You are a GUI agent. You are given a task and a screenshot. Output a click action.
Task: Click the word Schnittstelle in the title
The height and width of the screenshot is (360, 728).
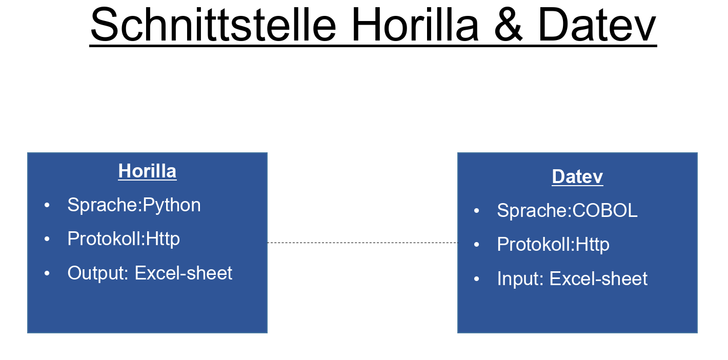click(x=213, y=25)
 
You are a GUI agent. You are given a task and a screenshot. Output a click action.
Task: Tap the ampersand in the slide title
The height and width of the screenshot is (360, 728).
click(x=508, y=25)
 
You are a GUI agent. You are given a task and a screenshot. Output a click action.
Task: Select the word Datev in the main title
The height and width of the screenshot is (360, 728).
click(x=597, y=25)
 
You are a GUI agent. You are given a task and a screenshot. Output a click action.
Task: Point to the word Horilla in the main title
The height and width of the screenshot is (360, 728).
click(x=415, y=25)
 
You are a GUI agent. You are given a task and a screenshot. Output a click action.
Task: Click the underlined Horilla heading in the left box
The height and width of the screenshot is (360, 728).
click(x=147, y=171)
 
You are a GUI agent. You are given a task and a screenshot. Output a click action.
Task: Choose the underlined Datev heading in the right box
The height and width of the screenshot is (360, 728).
click(x=577, y=177)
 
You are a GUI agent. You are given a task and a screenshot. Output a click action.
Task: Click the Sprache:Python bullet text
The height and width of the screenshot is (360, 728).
click(x=134, y=206)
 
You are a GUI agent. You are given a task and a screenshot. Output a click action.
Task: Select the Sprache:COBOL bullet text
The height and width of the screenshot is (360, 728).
click(x=567, y=211)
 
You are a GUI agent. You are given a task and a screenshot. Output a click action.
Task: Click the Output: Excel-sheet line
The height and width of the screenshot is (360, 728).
click(x=150, y=273)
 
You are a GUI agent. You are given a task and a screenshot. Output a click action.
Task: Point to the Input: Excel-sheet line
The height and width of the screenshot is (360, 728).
click(x=572, y=279)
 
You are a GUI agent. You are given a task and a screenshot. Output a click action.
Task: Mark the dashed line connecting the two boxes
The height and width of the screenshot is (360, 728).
click(x=362, y=243)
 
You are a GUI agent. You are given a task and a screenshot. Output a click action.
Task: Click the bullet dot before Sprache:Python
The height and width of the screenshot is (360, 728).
click(x=47, y=205)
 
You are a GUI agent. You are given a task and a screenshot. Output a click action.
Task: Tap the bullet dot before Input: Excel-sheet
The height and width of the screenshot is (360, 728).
click(x=476, y=278)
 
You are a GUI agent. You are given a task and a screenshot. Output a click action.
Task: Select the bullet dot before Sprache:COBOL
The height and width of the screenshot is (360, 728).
click(x=476, y=211)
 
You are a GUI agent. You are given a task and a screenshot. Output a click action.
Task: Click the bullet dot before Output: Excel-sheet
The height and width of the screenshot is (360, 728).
click(x=47, y=273)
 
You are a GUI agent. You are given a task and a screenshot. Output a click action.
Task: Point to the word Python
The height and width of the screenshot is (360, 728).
click(x=172, y=206)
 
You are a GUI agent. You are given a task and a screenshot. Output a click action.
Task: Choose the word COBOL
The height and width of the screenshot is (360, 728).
click(x=605, y=211)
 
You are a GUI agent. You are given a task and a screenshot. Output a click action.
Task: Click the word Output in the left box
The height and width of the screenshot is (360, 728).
click(x=97, y=273)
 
